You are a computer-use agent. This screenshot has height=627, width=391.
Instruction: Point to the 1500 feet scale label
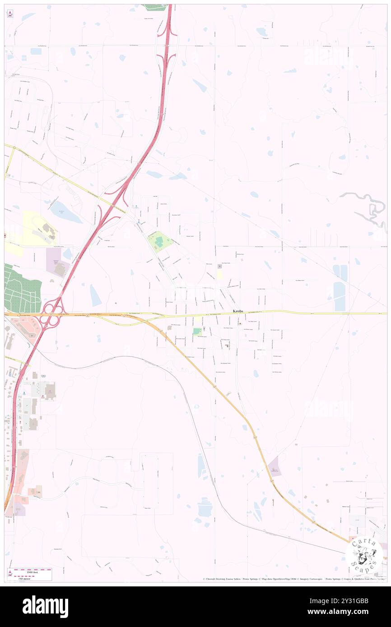[x=32, y=571]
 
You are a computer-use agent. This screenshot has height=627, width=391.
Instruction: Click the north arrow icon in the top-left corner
[x=9, y=14]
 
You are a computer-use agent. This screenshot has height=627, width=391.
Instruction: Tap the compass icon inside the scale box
[x=10, y=573]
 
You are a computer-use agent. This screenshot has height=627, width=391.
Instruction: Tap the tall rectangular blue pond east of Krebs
[x=340, y=296]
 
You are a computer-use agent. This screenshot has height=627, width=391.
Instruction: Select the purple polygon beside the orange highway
[x=274, y=466]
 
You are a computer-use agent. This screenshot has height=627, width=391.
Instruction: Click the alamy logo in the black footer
[x=46, y=607]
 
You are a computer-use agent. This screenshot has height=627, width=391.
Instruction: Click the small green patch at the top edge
[x=155, y=7]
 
